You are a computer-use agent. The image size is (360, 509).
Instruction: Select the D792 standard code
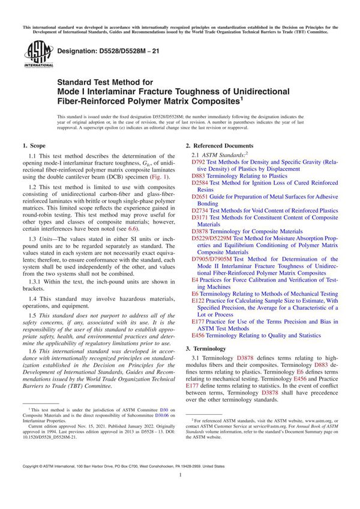pos(199,162)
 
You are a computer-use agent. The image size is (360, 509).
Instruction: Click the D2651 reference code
pos(200,196)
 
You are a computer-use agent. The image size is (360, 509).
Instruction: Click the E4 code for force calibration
pos(195,279)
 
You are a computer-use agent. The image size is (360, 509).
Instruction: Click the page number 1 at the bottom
pos(180,491)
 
